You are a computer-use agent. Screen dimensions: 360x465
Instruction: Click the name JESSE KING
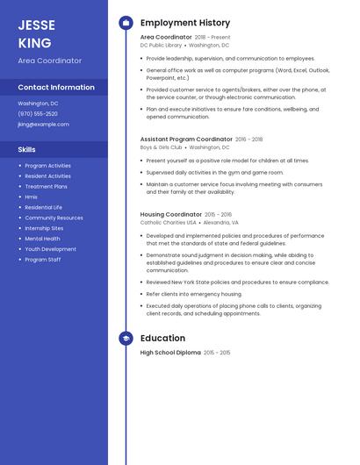pyautogui.click(x=36, y=33)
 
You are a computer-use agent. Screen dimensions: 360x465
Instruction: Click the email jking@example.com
pyautogui.click(x=43, y=125)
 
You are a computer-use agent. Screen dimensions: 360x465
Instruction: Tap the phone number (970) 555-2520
pyautogui.click(x=38, y=114)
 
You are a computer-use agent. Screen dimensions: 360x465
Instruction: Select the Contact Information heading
pyautogui.click(x=56, y=88)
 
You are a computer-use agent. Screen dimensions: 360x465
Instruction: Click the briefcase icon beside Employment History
pyautogui.click(x=126, y=23)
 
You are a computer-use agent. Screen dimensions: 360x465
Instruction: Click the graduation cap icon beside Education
pyautogui.click(x=126, y=339)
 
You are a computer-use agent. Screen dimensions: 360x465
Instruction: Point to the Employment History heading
pyautogui.click(x=185, y=23)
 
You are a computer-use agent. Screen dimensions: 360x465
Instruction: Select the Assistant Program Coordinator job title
pyautogui.click(x=186, y=139)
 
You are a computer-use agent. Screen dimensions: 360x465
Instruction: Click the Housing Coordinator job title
pyautogui.click(x=171, y=214)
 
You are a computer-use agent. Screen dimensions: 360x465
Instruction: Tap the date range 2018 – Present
pyautogui.click(x=212, y=38)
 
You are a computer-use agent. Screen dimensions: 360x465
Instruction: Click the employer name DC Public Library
pyautogui.click(x=161, y=46)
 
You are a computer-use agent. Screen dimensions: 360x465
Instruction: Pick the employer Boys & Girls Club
pyautogui.click(x=162, y=147)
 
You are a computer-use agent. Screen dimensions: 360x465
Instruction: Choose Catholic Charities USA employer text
pyautogui.click(x=168, y=223)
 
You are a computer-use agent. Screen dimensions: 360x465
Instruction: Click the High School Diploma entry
pyautogui.click(x=170, y=353)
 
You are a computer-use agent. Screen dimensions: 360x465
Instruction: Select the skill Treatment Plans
pyautogui.click(x=47, y=187)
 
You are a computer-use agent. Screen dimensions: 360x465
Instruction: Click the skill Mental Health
pyautogui.click(x=43, y=239)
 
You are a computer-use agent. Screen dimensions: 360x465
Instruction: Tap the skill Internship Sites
pyautogui.click(x=45, y=228)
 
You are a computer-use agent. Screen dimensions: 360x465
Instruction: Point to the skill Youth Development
pyautogui.click(x=51, y=249)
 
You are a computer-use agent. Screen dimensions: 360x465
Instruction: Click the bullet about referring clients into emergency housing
pyautogui.click(x=193, y=294)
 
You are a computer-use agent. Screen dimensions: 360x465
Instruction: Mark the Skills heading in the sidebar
pyautogui.click(x=27, y=150)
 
